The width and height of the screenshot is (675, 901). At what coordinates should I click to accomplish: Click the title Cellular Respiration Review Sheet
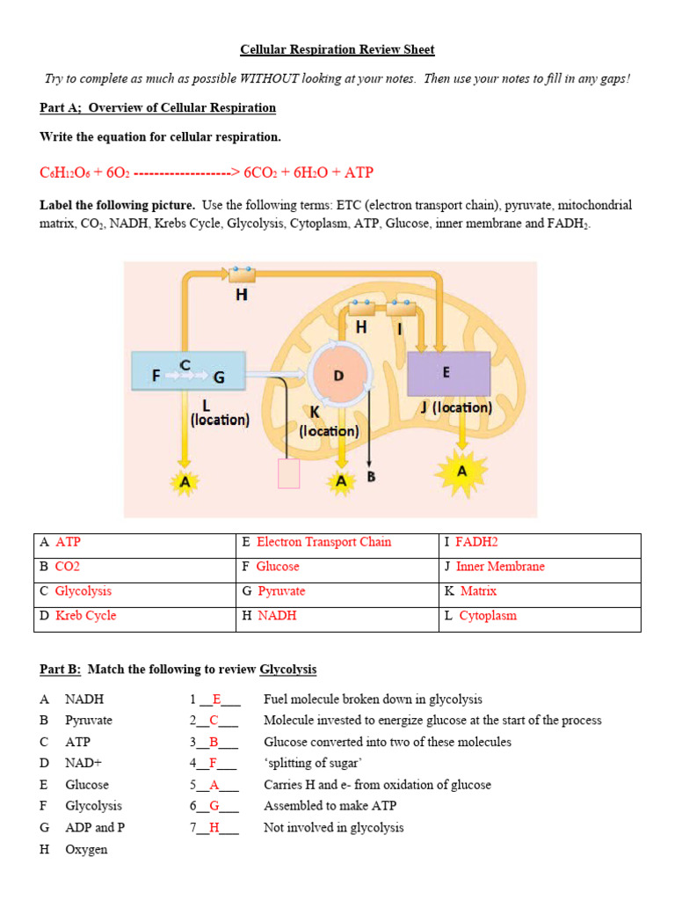(337, 50)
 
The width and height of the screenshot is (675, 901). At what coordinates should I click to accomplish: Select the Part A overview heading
(158, 108)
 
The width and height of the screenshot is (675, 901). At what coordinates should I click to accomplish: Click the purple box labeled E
(448, 373)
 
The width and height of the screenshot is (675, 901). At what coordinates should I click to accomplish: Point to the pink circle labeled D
(338, 377)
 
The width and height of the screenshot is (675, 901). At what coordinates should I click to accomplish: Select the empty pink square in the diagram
(288, 473)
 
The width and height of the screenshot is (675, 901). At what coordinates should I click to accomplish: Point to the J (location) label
(455, 408)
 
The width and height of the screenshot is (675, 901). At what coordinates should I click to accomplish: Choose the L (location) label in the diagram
(220, 414)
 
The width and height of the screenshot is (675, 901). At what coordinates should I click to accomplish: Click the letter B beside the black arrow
(371, 477)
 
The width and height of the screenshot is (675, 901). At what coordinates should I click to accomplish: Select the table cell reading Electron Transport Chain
(323, 542)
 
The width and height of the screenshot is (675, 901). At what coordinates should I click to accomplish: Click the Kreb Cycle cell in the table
(85, 616)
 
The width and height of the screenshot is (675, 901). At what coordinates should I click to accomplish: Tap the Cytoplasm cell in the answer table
(488, 616)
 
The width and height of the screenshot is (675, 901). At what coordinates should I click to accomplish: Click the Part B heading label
(61, 670)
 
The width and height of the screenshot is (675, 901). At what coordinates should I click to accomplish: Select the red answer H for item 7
(214, 828)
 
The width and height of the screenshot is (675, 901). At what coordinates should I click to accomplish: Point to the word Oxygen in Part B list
(86, 849)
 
